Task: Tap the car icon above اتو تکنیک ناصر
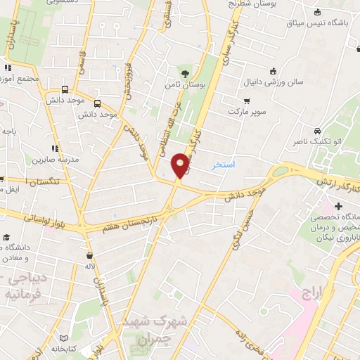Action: [318, 131]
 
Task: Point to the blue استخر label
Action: [224, 165]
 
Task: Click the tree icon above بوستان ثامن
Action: [185, 73]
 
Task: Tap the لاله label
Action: [89, 268]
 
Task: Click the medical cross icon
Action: [339, 207]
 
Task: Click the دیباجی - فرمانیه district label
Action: [27, 285]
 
